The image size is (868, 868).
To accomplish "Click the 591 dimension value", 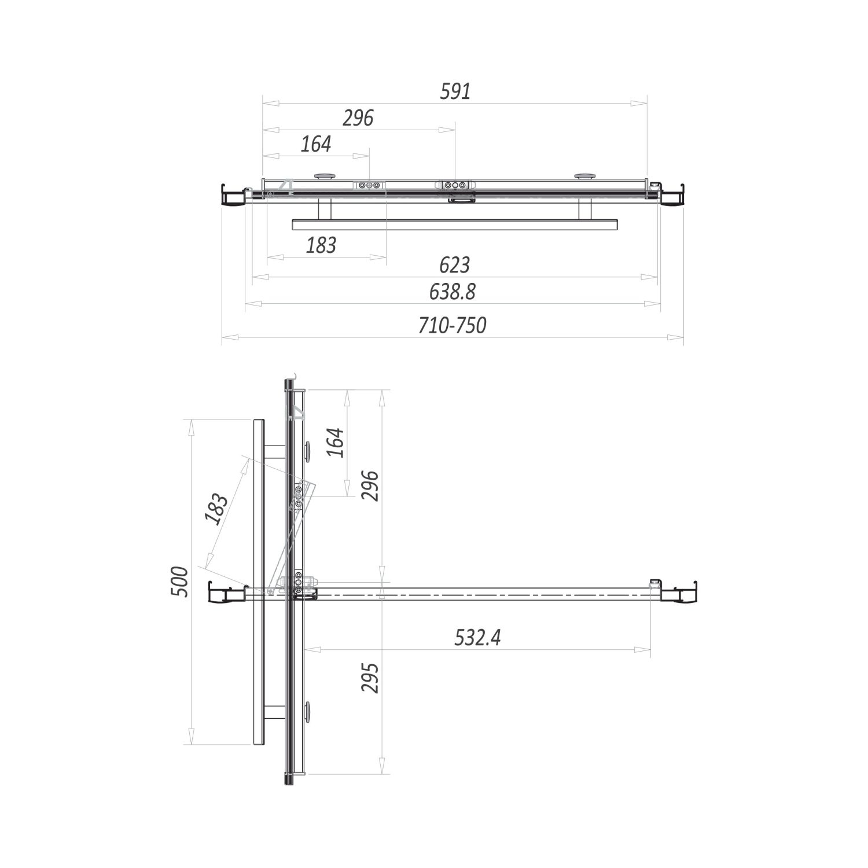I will point(455,91).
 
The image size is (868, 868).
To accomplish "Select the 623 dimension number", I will point(454,265).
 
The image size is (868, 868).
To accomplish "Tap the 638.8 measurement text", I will point(453,292).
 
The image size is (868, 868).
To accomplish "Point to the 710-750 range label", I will point(453,326).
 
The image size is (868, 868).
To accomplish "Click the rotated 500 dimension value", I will point(180,582).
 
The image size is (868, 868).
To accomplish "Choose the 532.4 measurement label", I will point(477,638).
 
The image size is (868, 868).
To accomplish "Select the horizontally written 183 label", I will point(321,245).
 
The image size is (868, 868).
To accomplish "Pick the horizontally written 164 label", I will point(316,144).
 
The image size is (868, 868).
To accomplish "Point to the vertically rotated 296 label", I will point(369,486).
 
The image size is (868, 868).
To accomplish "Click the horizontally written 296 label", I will point(358,118).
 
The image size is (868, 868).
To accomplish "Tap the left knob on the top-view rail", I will point(325,175).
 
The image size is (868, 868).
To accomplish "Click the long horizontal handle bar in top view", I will point(455,223).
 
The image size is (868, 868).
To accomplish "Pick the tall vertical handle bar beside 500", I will point(259,582).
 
